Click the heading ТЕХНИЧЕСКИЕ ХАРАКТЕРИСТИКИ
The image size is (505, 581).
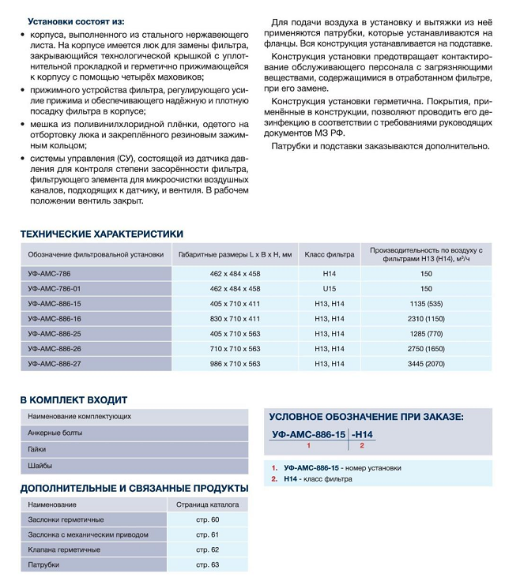pos(101,234)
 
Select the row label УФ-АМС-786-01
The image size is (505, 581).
pos(61,288)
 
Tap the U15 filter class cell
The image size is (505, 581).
pos(329,288)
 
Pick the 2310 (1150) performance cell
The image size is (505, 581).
pos(426,318)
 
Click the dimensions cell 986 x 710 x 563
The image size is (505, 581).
pos(235,363)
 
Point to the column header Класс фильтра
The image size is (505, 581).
pos(329,254)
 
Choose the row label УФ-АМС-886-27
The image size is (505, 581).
pos(61,363)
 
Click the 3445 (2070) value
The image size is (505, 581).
pos(426,363)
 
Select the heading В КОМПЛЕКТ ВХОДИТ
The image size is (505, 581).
pos(73,399)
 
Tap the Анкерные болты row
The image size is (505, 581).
pos(55,433)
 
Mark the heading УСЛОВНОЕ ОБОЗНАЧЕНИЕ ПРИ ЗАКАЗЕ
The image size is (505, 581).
pos(366,417)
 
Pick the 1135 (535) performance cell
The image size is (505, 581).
pos(426,303)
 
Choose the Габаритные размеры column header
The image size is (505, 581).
pos(235,254)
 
